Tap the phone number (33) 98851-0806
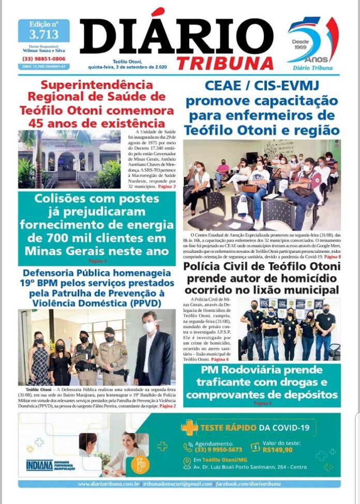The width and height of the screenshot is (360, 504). (44, 58)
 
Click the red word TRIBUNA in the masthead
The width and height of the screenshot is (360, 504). (224, 63)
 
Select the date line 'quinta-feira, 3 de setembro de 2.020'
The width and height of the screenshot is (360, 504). (132, 67)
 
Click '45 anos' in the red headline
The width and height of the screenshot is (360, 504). (51, 123)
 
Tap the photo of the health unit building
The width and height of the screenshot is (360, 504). (69, 159)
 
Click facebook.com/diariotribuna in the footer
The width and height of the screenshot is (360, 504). (249, 484)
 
